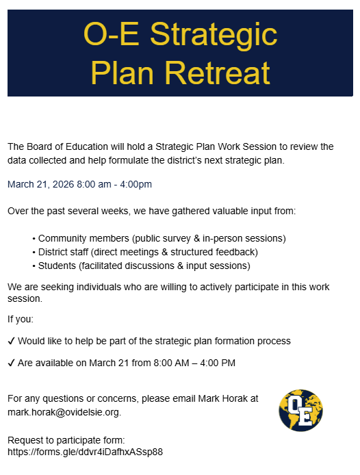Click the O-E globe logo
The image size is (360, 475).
(301, 410)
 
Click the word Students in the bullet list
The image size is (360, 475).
(57, 265)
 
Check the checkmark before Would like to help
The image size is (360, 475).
(12, 341)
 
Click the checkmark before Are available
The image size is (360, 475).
(12, 363)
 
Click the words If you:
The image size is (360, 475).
(21, 319)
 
